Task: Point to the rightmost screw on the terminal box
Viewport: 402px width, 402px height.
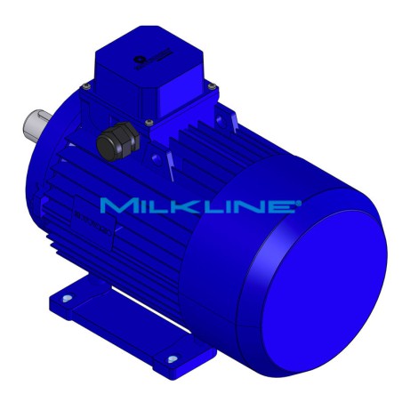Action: [x=213, y=85]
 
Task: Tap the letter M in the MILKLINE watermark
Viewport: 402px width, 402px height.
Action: [x=117, y=206]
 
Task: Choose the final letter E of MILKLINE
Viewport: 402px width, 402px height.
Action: [x=284, y=206]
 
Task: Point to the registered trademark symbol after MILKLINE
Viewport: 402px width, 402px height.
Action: [x=298, y=202]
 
